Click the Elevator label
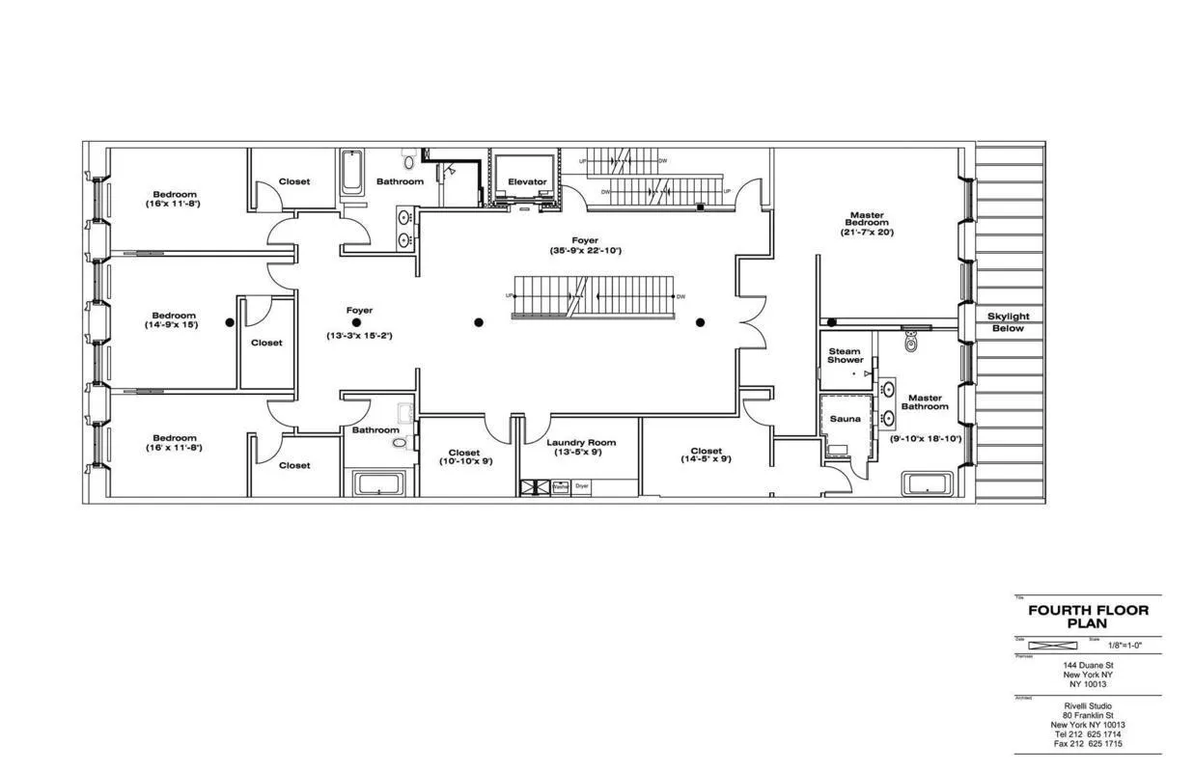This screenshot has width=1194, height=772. coord(527,181)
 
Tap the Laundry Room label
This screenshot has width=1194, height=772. coord(580,443)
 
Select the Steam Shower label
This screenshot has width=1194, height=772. coord(845,354)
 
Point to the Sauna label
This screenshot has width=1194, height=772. coord(845,419)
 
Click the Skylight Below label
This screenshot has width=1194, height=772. coord(1008,322)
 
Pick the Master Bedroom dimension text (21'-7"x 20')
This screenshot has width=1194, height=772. coord(867,233)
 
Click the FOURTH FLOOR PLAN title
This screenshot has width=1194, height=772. coord(1088,617)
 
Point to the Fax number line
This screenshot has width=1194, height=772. coord(1088,743)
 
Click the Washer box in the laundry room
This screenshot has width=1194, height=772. coord(560,487)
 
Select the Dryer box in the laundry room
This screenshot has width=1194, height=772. coord(581,487)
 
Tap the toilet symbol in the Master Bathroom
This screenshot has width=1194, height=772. coord(909,342)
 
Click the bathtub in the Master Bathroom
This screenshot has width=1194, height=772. coord(927,483)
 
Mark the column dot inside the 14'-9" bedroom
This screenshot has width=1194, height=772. coord(230,322)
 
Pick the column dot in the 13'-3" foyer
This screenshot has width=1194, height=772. coord(356,322)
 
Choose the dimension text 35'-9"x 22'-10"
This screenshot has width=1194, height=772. coord(584,251)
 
